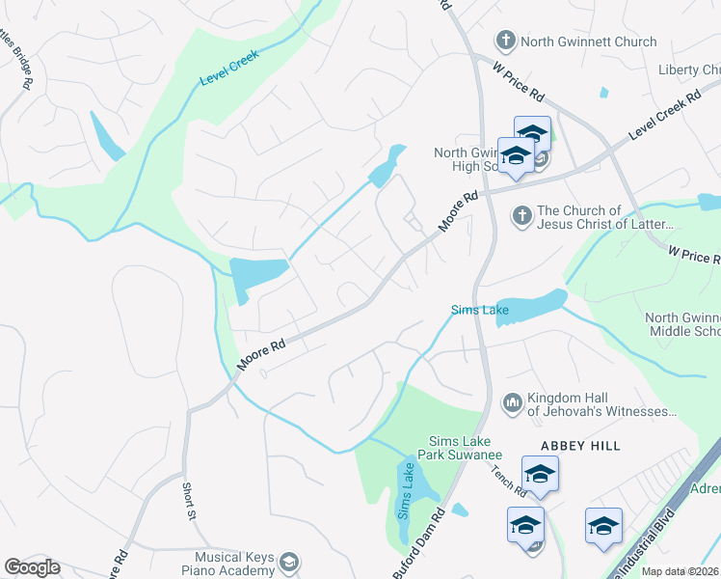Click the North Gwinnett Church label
tap(588, 41)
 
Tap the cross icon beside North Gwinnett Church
tap(505, 41)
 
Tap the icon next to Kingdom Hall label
tap(512, 400)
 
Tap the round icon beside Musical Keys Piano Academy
tap(287, 563)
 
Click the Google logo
tap(32, 567)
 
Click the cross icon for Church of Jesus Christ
tap(521, 214)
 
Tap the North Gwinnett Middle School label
tap(681, 324)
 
